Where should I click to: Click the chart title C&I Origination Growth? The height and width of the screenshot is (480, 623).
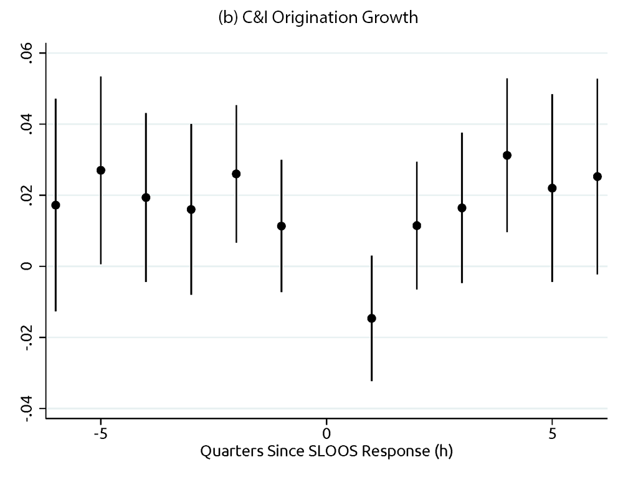318,18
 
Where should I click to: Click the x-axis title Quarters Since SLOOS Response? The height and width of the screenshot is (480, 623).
326,451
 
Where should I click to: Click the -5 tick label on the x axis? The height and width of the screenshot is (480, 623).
100,432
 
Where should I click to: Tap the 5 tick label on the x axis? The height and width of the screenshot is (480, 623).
552,432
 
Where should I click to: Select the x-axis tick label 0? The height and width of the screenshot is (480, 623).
326,432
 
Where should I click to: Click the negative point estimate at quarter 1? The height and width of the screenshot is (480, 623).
371,318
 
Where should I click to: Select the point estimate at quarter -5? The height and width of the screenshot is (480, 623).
101,170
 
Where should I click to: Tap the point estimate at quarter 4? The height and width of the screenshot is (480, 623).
507,155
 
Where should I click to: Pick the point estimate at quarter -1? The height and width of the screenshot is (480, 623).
281,226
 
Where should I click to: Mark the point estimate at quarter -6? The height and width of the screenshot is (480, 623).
55,205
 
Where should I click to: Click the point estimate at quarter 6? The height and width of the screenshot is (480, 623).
597,176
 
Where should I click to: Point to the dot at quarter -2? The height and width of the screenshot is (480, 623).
236,174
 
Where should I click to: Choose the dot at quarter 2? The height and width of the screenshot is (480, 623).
417,225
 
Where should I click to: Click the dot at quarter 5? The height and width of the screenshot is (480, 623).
552,188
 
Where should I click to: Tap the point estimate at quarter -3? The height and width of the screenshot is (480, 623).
191,209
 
